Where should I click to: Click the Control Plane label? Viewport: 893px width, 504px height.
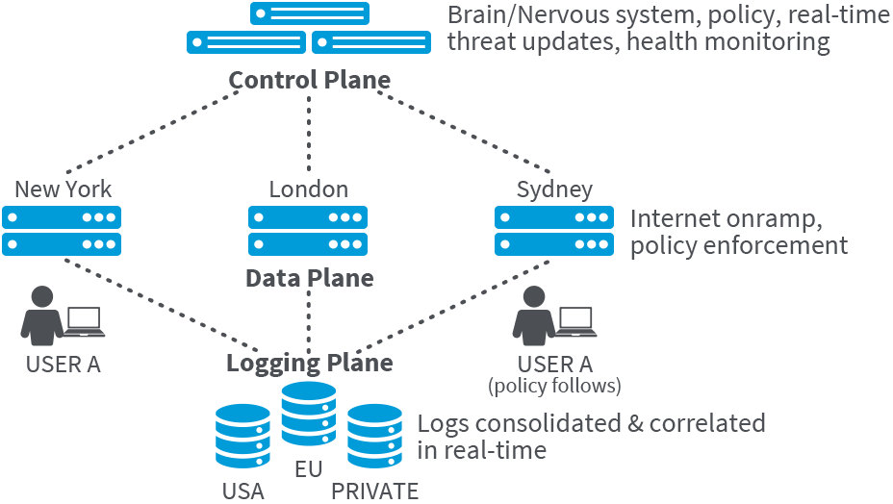(x=309, y=79)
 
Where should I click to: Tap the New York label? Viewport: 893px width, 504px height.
(x=63, y=189)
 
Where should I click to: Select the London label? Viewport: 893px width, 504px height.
(x=308, y=189)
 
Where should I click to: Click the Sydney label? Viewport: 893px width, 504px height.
(x=554, y=189)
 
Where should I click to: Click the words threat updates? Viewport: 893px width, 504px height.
(x=530, y=42)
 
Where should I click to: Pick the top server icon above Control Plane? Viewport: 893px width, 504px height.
(x=309, y=13)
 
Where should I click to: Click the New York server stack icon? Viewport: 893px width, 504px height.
(x=62, y=230)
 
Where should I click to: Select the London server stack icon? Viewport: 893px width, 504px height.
(x=308, y=230)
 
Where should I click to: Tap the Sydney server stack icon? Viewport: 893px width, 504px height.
(x=554, y=230)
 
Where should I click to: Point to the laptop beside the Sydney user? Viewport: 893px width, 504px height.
(x=576, y=322)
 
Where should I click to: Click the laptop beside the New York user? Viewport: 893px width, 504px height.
(x=84, y=322)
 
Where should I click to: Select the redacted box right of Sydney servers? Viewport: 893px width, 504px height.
(x=739, y=234)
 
